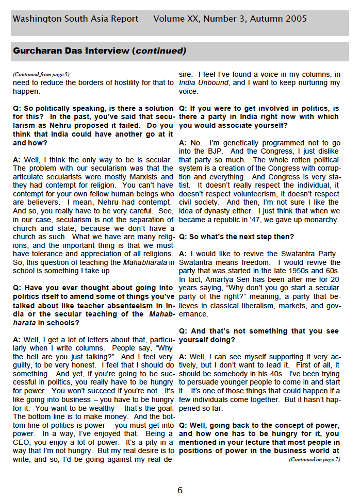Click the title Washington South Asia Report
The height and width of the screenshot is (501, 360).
point(75,19)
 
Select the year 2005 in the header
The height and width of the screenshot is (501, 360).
point(293,19)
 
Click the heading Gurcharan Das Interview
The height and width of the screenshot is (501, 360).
point(71,51)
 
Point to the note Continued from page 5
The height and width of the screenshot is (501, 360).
point(41,74)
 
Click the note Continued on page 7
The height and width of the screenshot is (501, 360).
point(314,459)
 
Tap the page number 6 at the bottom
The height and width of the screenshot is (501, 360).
point(180,490)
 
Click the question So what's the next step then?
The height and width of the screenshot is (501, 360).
point(236,237)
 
